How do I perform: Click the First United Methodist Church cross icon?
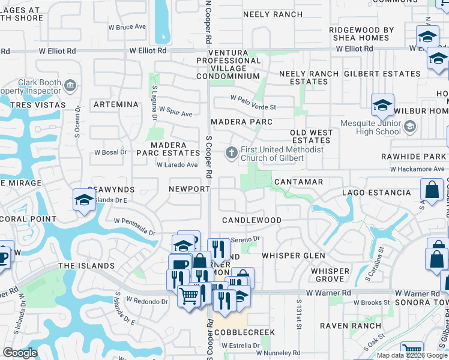point(232,154)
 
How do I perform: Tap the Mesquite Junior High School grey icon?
point(410,127)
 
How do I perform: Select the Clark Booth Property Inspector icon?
point(71,85)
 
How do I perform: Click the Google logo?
point(20,353)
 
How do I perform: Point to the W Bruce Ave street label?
point(130,27)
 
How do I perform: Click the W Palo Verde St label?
point(253,107)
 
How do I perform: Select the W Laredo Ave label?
point(177,165)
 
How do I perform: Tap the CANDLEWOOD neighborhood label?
point(252,220)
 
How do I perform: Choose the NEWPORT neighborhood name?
point(189,188)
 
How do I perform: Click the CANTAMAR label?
point(298,181)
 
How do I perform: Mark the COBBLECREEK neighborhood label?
point(247,332)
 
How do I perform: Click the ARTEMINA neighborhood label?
point(116,104)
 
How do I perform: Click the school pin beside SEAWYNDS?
point(84,200)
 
